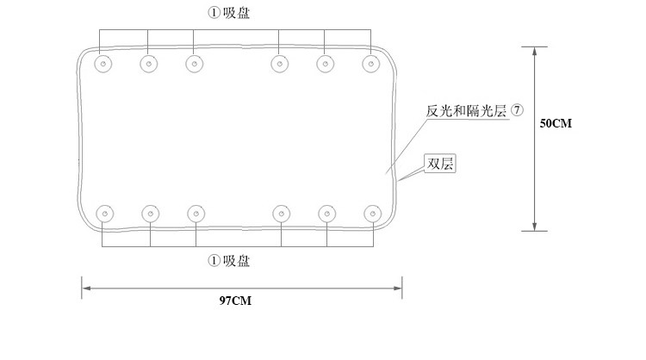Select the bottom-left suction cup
(x=105, y=212)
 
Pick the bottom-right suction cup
(x=372, y=212)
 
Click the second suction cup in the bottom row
(x=150, y=212)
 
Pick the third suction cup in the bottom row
(x=196, y=212)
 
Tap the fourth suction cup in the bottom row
(x=281, y=212)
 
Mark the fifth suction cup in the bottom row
(x=326, y=212)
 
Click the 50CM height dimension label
(x=556, y=123)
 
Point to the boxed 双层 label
(x=439, y=164)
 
